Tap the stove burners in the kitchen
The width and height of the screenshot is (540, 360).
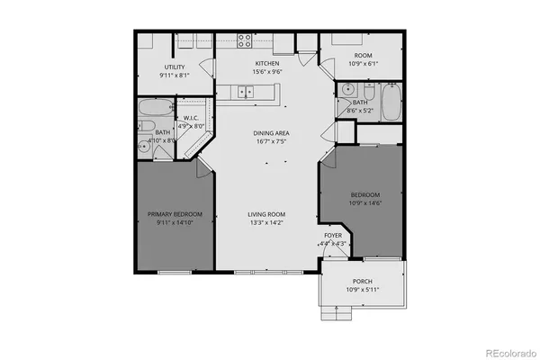point(244,40)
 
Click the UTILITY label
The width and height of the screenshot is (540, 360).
point(175,67)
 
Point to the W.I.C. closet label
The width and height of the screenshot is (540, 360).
point(191,118)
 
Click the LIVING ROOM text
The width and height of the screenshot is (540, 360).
point(267,213)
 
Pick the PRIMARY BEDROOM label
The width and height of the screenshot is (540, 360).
point(175,213)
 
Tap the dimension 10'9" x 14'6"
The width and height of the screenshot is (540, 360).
point(364,203)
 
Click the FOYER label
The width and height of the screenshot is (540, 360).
point(333,235)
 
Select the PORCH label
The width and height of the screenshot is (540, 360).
point(364,281)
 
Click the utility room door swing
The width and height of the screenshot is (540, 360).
point(207,67)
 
